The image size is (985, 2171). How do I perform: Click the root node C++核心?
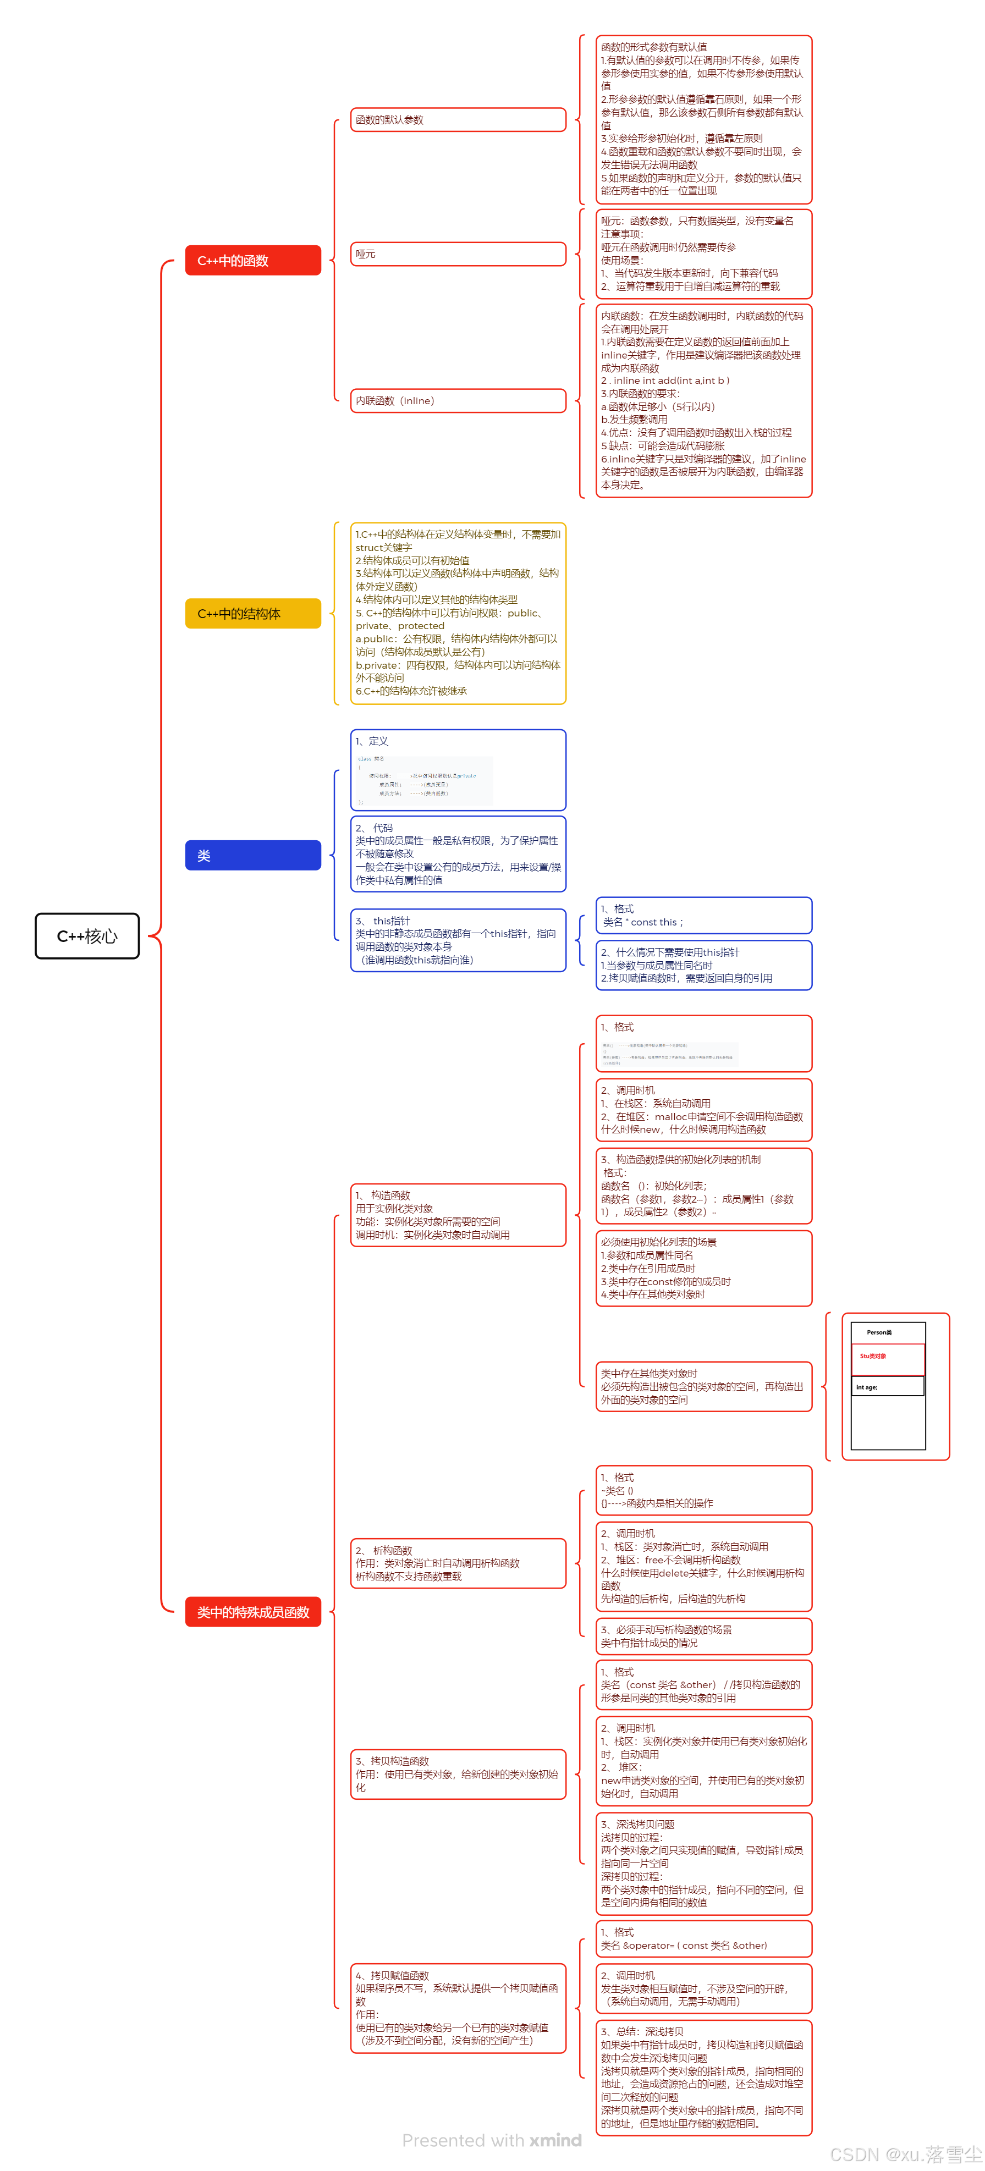click(87, 935)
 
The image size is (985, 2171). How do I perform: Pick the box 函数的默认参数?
click(458, 120)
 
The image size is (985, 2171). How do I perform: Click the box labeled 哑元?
click(458, 254)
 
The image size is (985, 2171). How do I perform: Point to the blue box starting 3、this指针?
click(458, 940)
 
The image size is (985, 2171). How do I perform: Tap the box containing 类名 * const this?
click(703, 915)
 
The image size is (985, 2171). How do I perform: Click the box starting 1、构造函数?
click(458, 1214)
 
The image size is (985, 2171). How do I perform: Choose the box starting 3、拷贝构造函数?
click(458, 1773)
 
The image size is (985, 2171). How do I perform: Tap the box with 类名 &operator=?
click(703, 1938)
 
